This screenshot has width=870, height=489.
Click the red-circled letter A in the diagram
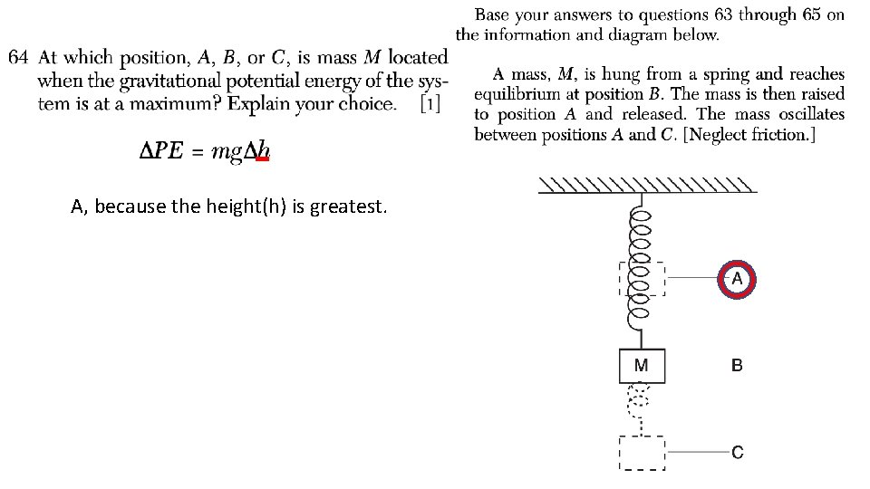pos(736,280)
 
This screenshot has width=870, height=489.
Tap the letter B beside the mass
pos(737,366)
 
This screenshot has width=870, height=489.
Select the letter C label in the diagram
pos(737,451)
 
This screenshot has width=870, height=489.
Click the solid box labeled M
pos(642,366)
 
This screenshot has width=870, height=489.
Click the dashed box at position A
pos(642,280)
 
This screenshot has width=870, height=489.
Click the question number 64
pos(19,57)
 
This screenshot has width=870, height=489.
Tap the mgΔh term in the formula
pos(240,151)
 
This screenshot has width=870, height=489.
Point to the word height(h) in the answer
pos(251,206)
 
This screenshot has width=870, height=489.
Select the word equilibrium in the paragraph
pos(517,94)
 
